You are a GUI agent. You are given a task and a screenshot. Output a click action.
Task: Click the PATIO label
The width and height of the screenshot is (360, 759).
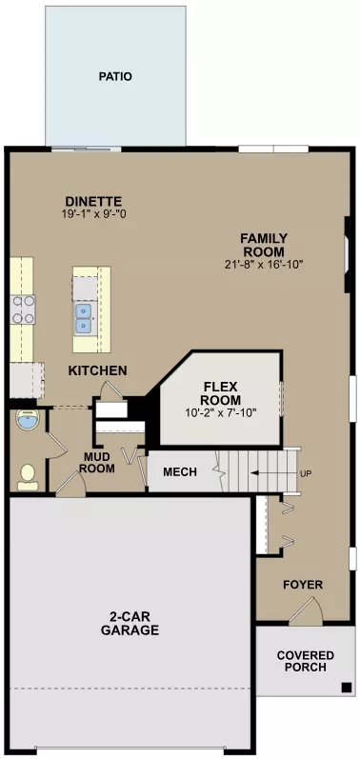coord(114,76)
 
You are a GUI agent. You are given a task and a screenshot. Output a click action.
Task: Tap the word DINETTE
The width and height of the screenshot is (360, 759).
coord(93,201)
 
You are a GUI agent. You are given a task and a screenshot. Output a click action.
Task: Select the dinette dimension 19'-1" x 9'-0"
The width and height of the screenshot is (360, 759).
coord(93,214)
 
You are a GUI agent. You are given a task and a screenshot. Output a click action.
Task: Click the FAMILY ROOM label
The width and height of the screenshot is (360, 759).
coord(264,245)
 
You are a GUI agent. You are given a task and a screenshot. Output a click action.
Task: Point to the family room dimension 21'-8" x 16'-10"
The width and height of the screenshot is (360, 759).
coord(264,265)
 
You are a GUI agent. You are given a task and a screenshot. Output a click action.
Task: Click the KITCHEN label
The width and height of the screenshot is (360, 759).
coord(97,370)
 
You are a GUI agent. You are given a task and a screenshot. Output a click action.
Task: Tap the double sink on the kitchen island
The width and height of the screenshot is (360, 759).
coord(86,317)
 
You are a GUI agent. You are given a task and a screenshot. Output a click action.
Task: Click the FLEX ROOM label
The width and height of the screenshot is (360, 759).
coord(222,393)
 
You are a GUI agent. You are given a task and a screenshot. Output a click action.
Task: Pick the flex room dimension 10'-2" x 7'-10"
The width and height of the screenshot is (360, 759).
coord(222,413)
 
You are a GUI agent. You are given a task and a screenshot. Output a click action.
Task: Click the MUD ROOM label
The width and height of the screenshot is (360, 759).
coord(97,462)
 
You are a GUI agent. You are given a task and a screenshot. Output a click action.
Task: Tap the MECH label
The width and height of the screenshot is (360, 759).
coord(180,472)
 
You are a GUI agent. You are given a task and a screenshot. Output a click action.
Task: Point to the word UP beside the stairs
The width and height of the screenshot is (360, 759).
coord(305,473)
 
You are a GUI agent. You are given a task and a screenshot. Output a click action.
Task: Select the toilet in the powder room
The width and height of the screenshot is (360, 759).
coord(28,473)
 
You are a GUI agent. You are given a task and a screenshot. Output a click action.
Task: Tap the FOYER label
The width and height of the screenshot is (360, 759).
coord(304,584)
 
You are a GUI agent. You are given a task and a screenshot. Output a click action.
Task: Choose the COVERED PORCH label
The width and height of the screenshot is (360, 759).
coord(306,661)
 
